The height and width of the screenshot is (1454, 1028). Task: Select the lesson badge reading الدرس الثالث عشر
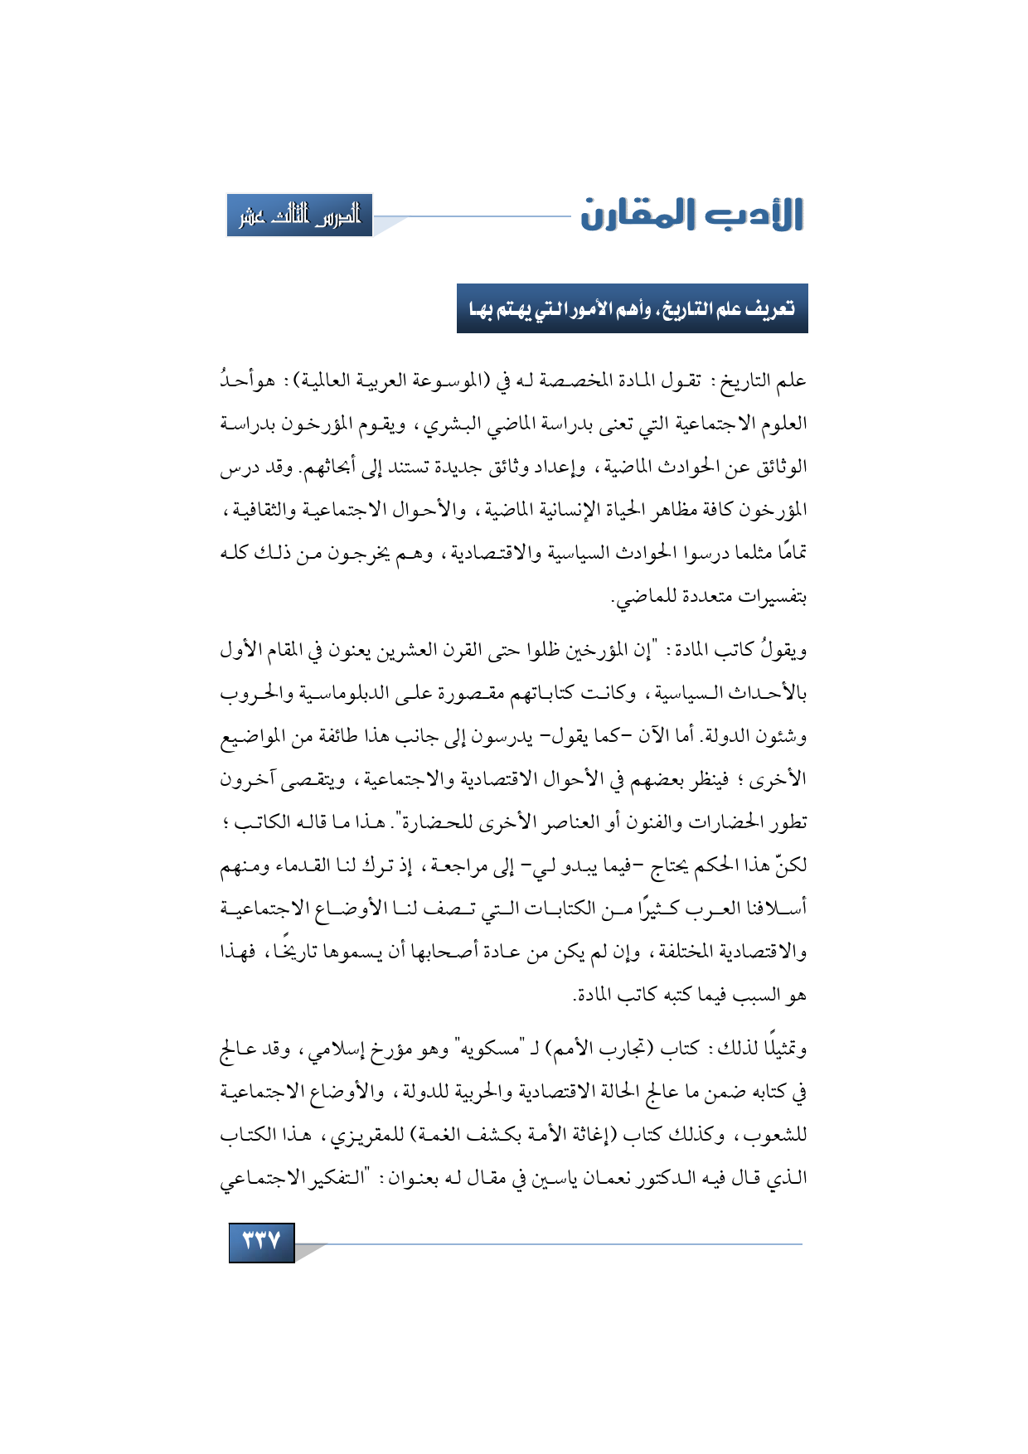click(x=300, y=216)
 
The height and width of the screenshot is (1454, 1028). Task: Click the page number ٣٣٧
click(x=262, y=1241)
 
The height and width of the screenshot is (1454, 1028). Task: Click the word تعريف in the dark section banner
click(x=770, y=309)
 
